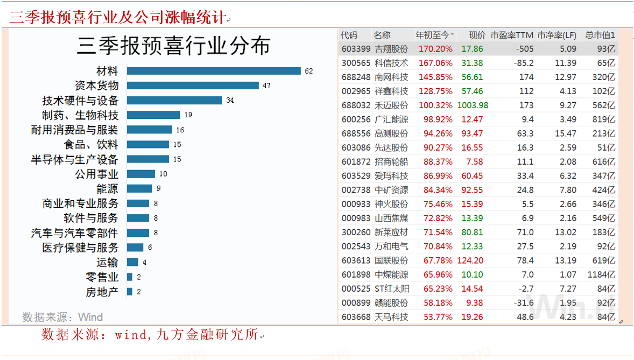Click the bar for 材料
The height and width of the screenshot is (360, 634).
(x=214, y=71)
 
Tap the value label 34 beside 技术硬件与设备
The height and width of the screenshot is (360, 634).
(x=230, y=101)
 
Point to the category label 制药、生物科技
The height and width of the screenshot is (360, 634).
(x=80, y=115)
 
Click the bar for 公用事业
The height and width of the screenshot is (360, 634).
(x=141, y=174)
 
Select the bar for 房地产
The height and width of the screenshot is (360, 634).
(x=130, y=292)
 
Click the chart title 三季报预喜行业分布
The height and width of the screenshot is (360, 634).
(x=173, y=46)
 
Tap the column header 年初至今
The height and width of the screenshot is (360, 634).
(x=432, y=35)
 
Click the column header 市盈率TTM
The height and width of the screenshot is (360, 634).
(x=511, y=35)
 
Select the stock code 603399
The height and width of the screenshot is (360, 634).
(x=356, y=49)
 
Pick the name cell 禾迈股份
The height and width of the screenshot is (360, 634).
(x=391, y=105)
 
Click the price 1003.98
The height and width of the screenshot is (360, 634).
(x=472, y=105)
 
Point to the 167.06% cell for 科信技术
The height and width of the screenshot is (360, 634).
(x=435, y=63)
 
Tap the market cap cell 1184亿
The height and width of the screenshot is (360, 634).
(x=601, y=274)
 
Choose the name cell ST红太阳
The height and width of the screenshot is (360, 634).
(x=391, y=288)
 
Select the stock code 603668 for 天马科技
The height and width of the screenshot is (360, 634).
(x=356, y=317)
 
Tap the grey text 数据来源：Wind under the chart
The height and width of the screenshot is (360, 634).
(x=62, y=317)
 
